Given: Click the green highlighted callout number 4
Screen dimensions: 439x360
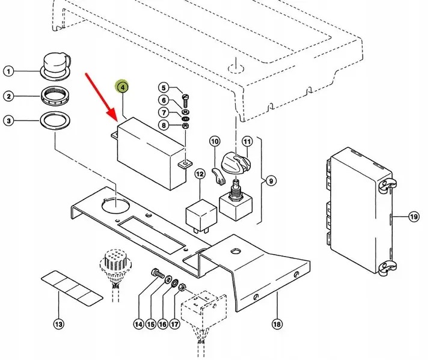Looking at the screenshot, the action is point(122,87).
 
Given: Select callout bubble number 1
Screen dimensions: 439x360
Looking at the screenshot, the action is point(8,72).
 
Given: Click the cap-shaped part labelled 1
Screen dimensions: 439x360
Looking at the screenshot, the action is point(57,66).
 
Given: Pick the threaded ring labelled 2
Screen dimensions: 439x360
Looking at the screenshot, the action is point(55,96).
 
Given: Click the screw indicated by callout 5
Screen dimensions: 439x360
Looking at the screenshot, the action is point(186,101).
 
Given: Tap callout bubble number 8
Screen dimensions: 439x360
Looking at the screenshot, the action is point(164,125).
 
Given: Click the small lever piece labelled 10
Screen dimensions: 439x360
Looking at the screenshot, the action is point(218,176).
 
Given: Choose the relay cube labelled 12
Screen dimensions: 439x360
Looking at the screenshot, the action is point(201,216).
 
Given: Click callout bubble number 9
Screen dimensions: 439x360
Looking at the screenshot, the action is point(271,181).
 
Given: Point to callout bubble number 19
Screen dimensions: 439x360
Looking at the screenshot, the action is point(414,216).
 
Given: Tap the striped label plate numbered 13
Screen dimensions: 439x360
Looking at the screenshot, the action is point(72,288).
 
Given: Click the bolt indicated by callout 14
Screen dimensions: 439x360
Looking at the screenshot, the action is point(158,273).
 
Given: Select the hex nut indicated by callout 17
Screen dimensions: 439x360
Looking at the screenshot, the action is point(182,287).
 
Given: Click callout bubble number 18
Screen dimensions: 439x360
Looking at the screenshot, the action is point(277,324).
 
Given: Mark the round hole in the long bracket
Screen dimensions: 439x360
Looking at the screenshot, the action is point(115,206).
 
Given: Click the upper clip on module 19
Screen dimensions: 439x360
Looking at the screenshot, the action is point(387,185).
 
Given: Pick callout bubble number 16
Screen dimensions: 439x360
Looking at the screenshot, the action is point(162,324).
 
